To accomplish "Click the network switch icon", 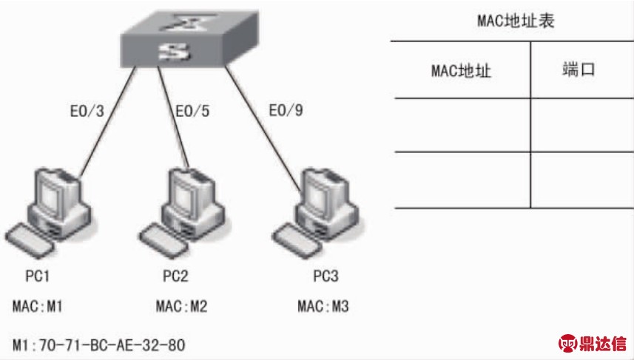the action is pos(189,38).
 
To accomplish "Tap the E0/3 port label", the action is pos(87,111).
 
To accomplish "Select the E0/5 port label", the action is pos(192,111).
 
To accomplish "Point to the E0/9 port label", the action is pos(286,110).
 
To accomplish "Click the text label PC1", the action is pos(38,276).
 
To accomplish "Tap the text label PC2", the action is pos(175,276).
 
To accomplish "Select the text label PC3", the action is pos(326,276).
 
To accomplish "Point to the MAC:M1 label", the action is pos(38,306).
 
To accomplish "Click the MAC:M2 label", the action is pos(181,306).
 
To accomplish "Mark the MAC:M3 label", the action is pos(323,306).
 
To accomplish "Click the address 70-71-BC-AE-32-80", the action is pos(112,345).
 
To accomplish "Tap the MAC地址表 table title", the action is pos(516,21).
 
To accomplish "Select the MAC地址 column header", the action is pos(461,71).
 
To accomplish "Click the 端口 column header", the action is pos(579,69).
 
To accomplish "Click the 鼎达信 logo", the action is pos(593,344).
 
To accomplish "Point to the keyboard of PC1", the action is pos(30,240).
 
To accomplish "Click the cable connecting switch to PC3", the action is pos(262,128).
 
